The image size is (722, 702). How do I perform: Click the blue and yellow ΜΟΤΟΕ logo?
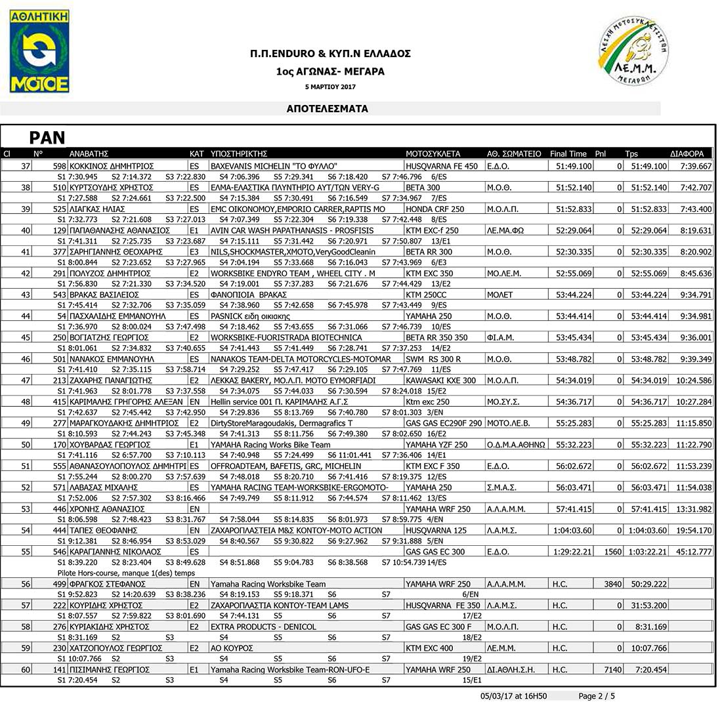39,51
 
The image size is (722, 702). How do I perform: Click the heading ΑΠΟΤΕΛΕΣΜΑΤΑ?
328,109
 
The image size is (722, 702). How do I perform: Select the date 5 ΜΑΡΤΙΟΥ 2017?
330,87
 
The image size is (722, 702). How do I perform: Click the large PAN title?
47,137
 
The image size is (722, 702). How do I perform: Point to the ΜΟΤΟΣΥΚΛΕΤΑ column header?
433,154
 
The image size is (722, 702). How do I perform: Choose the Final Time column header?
568,154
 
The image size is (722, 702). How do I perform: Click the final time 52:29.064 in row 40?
574,230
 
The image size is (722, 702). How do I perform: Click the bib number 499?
60,584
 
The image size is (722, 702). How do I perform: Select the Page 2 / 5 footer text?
597,695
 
